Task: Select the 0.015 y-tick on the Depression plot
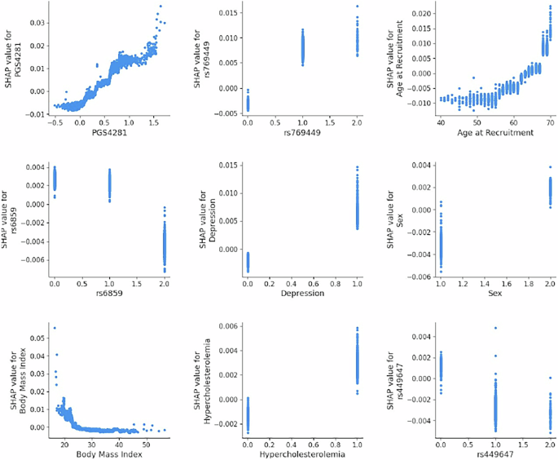pos(229,166)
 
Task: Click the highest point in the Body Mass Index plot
pos(55,328)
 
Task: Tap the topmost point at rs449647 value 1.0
pos(495,328)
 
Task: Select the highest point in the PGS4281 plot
pos(160,7)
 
